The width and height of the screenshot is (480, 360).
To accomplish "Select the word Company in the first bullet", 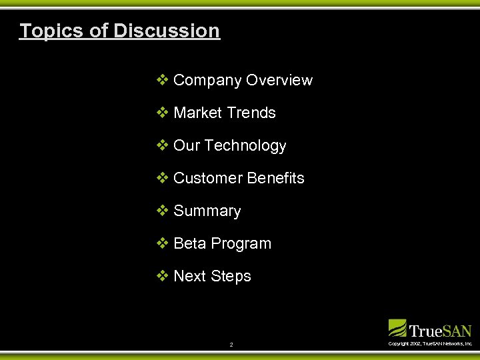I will [207, 81].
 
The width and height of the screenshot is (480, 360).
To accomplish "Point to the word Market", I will [196, 113].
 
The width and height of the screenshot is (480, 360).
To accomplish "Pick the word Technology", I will [245, 146].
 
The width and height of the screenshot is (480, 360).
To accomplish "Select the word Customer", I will [208, 179].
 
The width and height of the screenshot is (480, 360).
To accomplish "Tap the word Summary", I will [207, 211].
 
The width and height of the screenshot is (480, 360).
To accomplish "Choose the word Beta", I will [189, 244].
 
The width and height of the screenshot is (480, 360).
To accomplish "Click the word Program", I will [241, 244].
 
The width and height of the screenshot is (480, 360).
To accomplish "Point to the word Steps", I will [231, 277].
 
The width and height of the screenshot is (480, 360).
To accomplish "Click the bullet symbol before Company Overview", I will [162, 81].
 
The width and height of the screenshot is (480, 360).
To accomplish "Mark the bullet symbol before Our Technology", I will [162, 146].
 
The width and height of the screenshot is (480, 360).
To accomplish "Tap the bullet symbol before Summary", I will [162, 211].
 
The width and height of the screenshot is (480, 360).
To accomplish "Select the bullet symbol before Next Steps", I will [162, 277].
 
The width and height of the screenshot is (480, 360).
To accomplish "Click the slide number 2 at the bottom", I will [231, 345].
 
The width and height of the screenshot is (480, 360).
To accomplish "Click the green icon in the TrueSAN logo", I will [397, 328].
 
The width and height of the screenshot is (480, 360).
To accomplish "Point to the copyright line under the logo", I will [430, 343].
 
